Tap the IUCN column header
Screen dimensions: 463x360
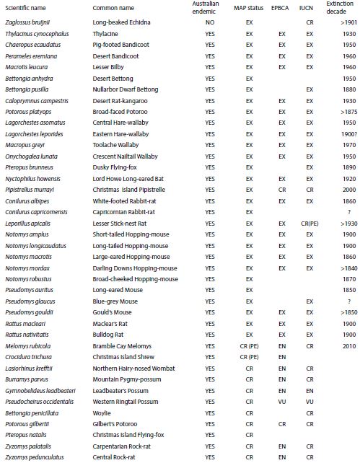309,9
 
